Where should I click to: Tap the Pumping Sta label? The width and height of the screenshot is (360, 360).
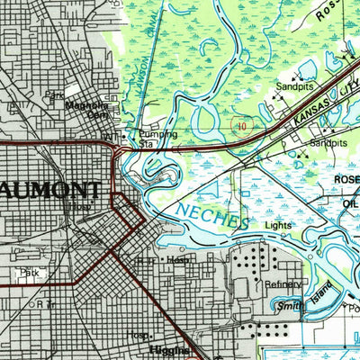coord(158,138)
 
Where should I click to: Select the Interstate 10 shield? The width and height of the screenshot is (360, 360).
coord(240,127)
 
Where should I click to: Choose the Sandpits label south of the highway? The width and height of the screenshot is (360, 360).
coord(328,143)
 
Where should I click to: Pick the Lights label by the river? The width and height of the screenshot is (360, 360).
coord(279,225)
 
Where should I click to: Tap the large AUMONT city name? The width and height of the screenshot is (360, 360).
coord(49,190)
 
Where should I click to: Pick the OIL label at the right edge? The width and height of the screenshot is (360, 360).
coord(349,202)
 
